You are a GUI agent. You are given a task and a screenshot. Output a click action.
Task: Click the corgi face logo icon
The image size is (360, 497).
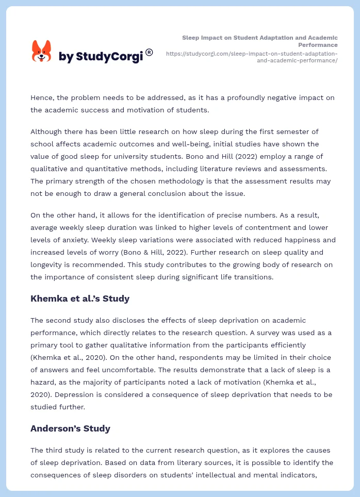pos(42,51)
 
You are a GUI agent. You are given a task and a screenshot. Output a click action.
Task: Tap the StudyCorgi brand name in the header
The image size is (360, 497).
pos(101,57)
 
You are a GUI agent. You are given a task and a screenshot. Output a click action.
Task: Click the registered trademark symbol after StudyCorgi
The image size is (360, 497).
pos(149,52)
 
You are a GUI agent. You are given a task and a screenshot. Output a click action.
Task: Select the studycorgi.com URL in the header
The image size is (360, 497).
pos(252,57)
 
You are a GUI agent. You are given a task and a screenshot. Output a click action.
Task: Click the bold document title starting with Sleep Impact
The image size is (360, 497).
pos(260,41)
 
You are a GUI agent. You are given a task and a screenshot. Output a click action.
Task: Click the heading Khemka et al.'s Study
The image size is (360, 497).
pos(80,299)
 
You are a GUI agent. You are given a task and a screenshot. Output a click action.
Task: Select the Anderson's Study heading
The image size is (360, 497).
pos(70,428)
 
